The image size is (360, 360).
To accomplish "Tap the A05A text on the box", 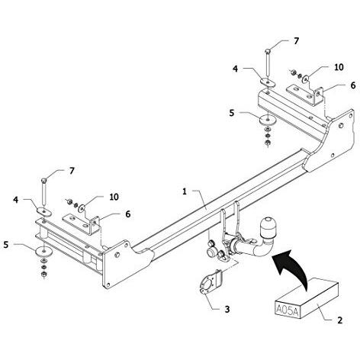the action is point(287,310).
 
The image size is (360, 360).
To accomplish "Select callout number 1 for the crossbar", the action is point(185,191).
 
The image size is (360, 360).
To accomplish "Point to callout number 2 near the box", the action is point(340,320).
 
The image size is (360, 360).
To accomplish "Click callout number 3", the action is point(227,309).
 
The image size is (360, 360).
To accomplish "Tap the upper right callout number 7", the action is point(296,41).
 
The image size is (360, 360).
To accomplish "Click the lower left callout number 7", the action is point(72,171).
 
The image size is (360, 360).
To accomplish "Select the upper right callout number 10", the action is point(339,67).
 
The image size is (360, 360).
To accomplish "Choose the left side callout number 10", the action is point(114,197).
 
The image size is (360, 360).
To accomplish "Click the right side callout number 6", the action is point(353,85).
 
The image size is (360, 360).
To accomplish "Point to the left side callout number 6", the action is point(128,214).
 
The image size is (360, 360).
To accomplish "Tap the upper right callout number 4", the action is point(236,69).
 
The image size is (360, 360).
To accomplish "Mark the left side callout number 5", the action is point(6,245).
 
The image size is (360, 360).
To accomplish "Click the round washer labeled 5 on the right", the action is point(268,119).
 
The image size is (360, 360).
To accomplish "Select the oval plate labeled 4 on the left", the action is point(44,211).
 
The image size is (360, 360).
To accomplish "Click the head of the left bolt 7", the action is point(43,180).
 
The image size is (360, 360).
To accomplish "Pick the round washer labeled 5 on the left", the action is point(44,251).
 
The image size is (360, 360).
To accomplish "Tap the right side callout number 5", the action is point(231,113).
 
